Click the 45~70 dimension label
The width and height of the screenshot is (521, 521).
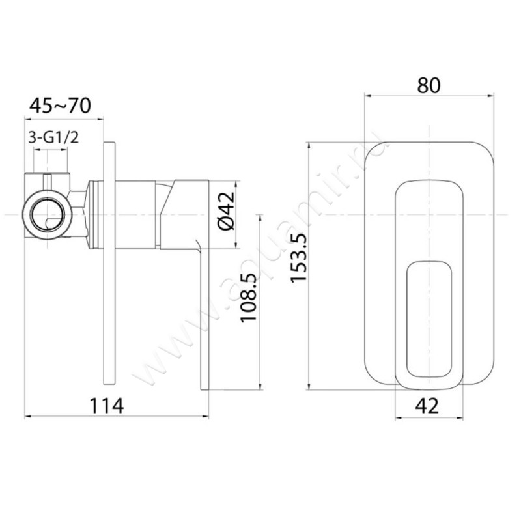coord(60,106)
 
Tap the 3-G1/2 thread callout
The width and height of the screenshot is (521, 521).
coord(53,137)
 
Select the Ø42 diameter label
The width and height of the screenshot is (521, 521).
coord(227,210)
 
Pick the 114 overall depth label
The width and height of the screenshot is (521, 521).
coord(107,406)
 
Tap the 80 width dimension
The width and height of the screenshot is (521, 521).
coord(429,85)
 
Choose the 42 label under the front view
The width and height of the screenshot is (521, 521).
coord(427,405)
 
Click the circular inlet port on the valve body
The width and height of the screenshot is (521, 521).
coord(47,215)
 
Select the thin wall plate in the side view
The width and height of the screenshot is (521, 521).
coord(109,264)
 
